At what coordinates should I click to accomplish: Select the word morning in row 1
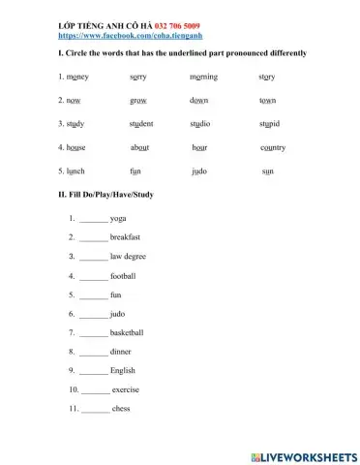(x=204, y=77)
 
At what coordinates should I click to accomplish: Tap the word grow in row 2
(x=136, y=101)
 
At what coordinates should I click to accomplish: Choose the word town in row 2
(x=268, y=101)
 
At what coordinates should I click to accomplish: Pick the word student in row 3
(x=141, y=124)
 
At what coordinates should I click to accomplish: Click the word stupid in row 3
(x=270, y=124)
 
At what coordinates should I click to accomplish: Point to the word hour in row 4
(x=200, y=147)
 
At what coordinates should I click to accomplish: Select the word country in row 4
(x=273, y=147)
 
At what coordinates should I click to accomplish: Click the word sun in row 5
(x=268, y=171)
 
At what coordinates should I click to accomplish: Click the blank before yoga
(x=94, y=220)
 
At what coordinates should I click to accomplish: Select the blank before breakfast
(x=94, y=238)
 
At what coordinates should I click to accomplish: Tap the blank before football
(x=94, y=276)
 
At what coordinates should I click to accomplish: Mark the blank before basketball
(x=94, y=333)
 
